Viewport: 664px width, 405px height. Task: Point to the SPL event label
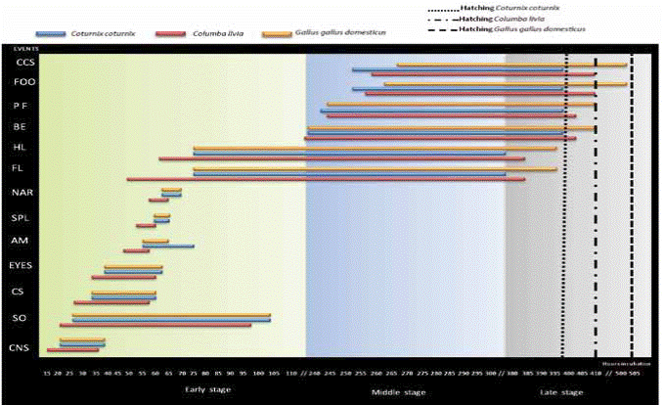click(22, 217)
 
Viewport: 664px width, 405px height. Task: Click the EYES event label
click(22, 265)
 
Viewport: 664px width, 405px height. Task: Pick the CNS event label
click(20, 348)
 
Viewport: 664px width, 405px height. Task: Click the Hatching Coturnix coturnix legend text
click(518, 8)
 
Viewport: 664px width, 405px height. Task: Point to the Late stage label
click(560, 392)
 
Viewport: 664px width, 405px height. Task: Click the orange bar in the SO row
click(171, 314)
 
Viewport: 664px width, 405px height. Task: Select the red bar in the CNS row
click(74, 349)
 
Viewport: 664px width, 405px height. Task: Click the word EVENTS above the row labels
click(23, 47)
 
